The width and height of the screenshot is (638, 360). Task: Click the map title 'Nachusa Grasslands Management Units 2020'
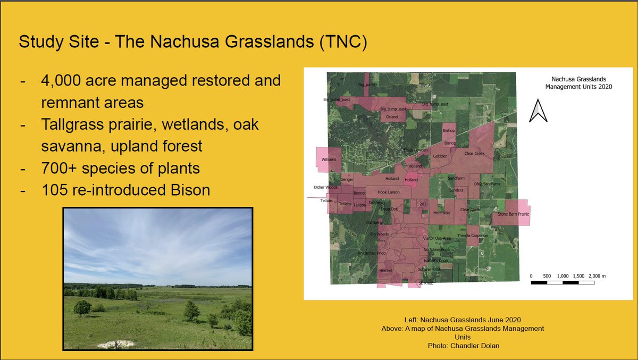click(578, 82)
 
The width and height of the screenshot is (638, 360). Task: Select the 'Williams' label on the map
click(329, 160)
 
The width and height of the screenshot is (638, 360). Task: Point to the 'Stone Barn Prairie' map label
click(514, 214)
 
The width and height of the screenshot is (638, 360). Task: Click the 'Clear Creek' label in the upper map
click(474, 153)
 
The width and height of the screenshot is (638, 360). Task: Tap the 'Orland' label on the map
click(392, 117)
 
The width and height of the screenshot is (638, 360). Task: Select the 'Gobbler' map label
click(440, 156)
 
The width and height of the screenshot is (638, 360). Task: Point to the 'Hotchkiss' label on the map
click(441, 213)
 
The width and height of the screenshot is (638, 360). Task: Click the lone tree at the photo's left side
click(82, 307)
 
